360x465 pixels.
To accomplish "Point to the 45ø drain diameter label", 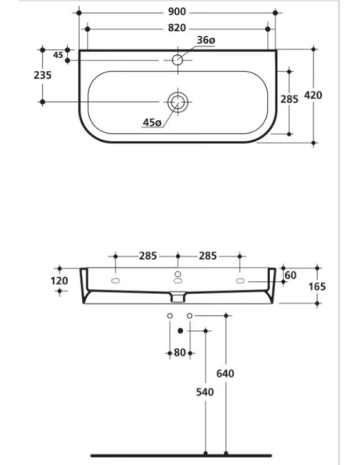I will (152, 122).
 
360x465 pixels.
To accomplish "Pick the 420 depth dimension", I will (335, 95).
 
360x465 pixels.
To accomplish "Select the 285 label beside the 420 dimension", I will (290, 100).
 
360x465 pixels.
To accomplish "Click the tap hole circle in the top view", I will (178, 59).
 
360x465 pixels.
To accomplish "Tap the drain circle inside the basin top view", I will (177, 101).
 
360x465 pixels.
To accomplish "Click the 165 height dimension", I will (318, 286).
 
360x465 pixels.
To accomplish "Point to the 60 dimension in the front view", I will (290, 275).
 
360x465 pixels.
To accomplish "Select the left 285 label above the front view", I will (147, 256).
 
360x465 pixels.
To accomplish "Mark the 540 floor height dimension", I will (205, 393).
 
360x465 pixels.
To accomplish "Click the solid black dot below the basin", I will (181, 329).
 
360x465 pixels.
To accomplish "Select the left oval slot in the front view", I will (116, 282).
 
